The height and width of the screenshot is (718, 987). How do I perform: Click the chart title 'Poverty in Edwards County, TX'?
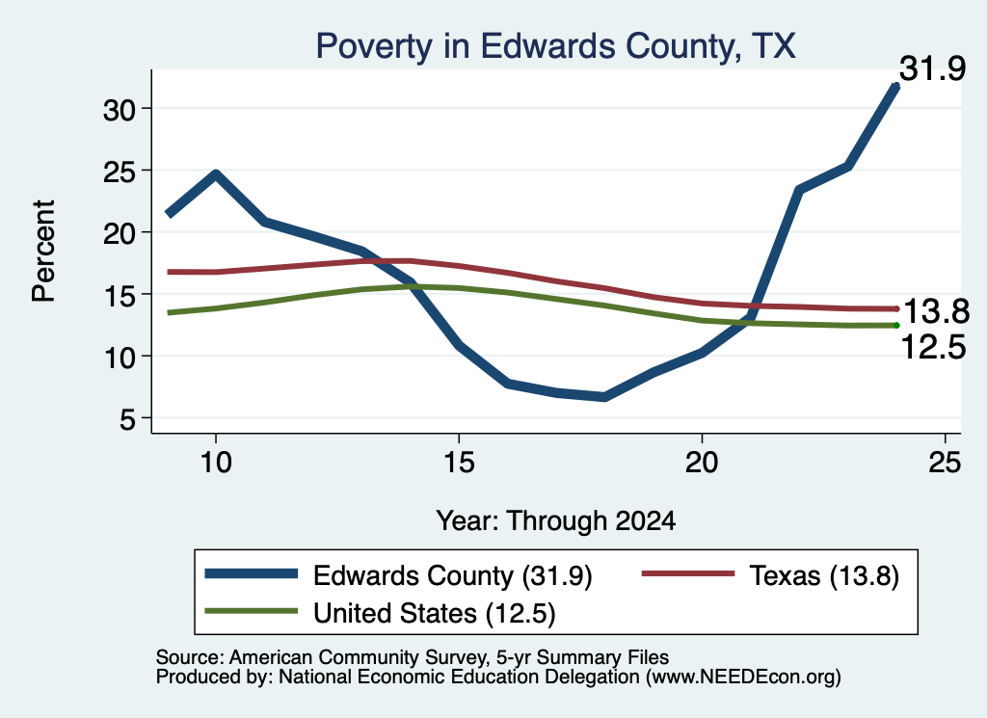point(556,46)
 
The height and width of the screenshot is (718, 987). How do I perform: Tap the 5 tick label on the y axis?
point(128,419)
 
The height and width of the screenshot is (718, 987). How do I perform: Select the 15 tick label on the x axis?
point(459,463)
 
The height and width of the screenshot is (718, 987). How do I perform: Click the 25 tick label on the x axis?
point(945,463)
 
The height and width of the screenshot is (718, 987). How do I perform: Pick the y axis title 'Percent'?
point(44,252)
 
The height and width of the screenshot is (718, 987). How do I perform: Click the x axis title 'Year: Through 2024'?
point(556,521)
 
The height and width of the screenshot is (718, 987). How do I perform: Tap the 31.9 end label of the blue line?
point(932,68)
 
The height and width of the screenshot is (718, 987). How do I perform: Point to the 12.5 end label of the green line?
point(933,347)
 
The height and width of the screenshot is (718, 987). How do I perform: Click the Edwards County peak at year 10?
point(216,173)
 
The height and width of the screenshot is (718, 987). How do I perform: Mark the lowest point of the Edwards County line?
point(604,397)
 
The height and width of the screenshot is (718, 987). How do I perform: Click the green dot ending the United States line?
point(896,326)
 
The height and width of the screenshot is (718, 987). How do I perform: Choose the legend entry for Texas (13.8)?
point(770,575)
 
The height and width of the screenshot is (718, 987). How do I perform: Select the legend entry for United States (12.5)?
point(380,612)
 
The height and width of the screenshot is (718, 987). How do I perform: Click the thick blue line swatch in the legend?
point(252,573)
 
